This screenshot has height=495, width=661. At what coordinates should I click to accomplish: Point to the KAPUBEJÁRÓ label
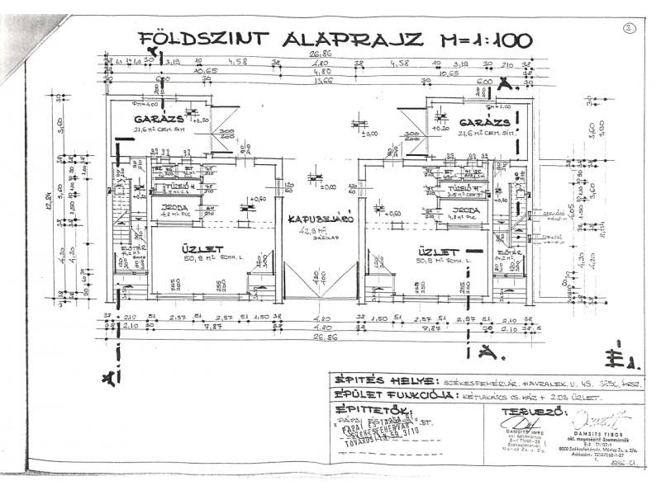pos(321,220)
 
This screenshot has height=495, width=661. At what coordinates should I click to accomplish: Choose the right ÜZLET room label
pos(438,250)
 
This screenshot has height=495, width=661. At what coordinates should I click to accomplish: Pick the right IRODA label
pos(464,210)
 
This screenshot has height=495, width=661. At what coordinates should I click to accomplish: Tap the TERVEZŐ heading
pos(523,410)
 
